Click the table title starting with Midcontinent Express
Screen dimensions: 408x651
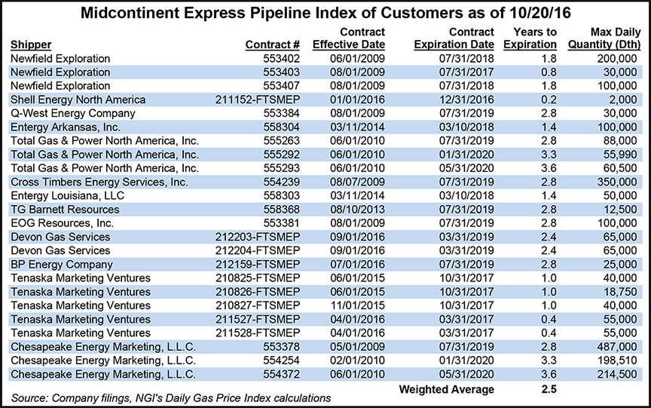[325, 13]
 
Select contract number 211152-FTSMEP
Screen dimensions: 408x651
[249, 99]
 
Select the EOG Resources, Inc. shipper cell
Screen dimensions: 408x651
[62, 222]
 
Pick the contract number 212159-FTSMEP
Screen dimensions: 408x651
[249, 264]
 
